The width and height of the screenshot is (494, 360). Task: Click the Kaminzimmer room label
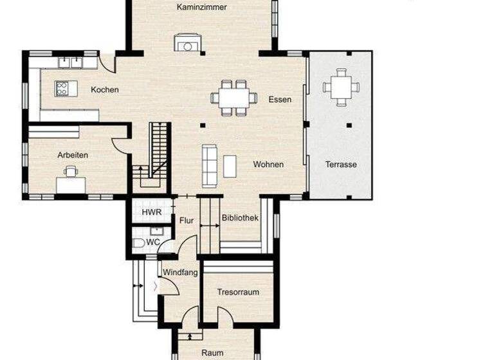point(201,7)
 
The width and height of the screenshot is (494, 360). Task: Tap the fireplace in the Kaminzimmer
point(187,43)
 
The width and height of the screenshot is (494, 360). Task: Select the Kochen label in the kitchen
point(105,89)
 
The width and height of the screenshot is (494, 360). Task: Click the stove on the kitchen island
point(62,88)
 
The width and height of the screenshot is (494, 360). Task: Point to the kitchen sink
point(71,62)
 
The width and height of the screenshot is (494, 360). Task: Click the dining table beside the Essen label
point(233,98)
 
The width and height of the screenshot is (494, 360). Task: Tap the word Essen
point(280,99)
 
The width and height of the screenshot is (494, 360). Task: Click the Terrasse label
point(341,165)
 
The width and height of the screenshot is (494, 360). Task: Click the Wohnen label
point(268,165)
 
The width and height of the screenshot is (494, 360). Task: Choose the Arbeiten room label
point(73,155)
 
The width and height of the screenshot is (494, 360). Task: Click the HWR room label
point(152,212)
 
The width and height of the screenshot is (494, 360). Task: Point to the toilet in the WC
point(139,243)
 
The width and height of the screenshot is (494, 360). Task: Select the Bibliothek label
point(240,218)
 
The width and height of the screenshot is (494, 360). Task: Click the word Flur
point(187,221)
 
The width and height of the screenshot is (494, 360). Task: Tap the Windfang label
point(179,273)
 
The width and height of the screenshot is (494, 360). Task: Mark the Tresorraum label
point(238,292)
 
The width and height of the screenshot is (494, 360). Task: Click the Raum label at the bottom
point(212,353)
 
